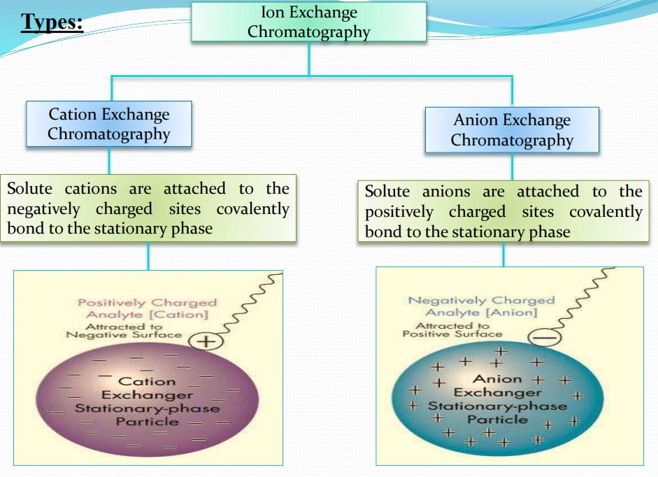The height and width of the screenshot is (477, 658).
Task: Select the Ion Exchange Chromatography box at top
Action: click(308, 22)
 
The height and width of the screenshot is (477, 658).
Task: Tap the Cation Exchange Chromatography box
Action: click(108, 124)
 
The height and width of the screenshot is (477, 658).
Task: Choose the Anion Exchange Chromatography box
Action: click(512, 130)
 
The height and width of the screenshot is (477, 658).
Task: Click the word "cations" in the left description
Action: click(93, 189)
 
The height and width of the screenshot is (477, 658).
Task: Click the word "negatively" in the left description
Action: click(45, 209)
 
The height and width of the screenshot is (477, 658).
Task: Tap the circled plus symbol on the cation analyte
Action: click(206, 341)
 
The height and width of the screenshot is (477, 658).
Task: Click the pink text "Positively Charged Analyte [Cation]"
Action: click(147, 309)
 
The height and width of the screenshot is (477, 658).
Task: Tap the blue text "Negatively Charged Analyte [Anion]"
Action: click(481, 306)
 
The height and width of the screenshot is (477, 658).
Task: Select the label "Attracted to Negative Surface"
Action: click(123, 331)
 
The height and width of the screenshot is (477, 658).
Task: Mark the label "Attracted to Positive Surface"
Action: click(452, 329)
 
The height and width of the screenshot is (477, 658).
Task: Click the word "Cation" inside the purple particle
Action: click(147, 382)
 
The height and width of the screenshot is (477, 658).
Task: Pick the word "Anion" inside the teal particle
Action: click(497, 379)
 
